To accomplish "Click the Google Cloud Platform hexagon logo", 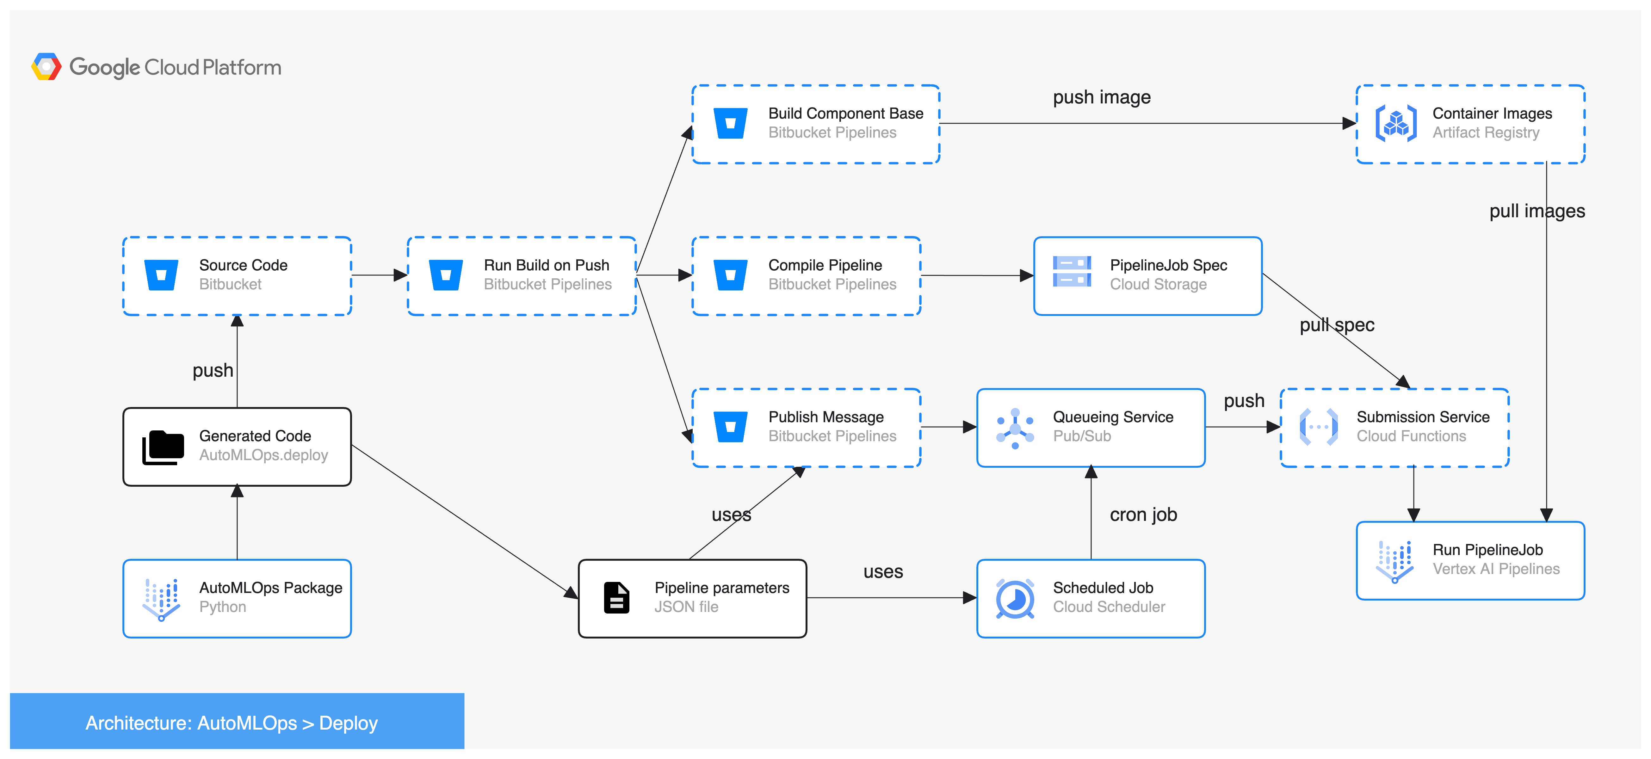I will click(x=46, y=67).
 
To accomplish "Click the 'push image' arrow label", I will click(x=1101, y=97).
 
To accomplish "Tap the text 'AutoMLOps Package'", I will click(x=270, y=588).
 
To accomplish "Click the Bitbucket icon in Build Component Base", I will click(x=730, y=123).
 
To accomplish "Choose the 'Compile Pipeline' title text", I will click(x=825, y=265).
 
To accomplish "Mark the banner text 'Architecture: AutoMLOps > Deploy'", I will click(x=232, y=723).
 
